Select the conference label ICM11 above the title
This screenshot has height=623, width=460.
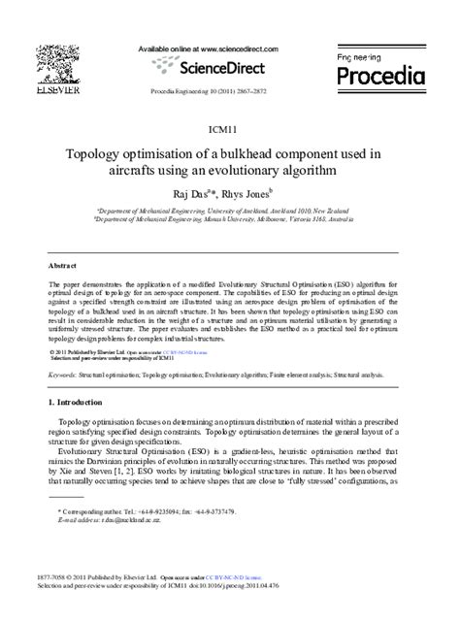tap(229, 128)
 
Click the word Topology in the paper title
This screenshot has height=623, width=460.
tap(96, 153)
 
